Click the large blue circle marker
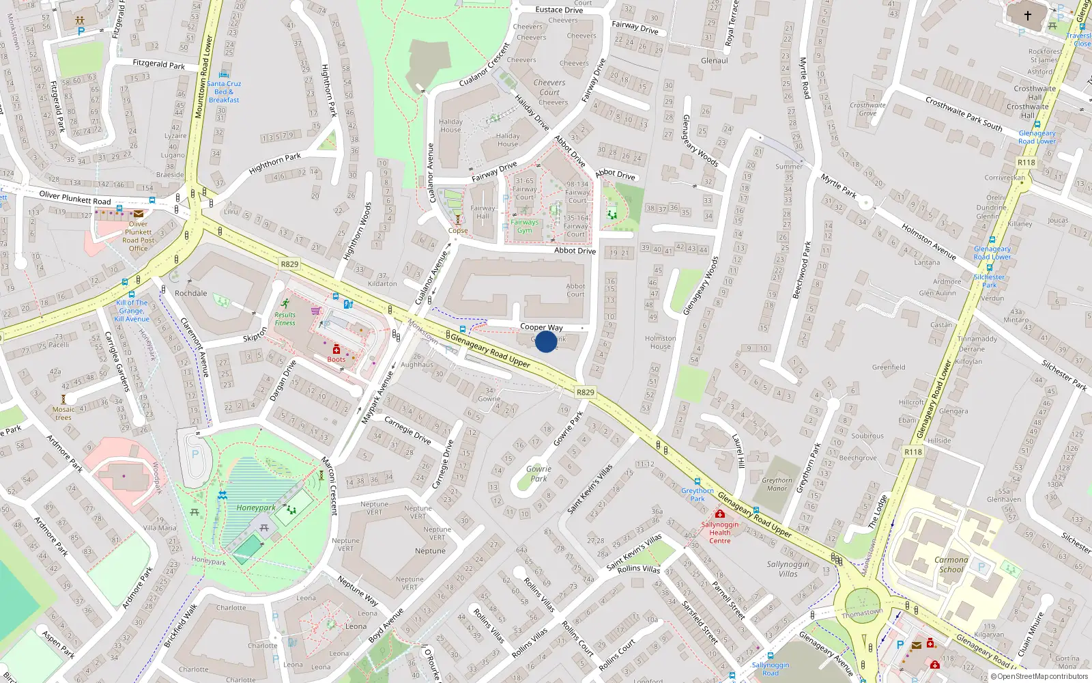[546, 341]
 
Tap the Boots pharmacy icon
[336, 350]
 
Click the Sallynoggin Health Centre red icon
[719, 514]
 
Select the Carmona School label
[951, 564]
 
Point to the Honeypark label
[256, 507]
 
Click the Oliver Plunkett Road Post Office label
[139, 236]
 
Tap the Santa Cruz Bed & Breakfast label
[224, 92]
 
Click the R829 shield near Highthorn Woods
[289, 264]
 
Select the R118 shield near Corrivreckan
[1026, 163]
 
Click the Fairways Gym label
[524, 226]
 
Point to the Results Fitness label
[285, 319]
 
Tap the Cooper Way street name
[541, 327]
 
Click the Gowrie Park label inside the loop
[538, 473]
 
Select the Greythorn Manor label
[777, 484]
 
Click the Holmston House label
[660, 342]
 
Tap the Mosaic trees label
[63, 413]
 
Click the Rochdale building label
[190, 293]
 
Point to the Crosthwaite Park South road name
[964, 113]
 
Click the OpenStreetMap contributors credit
[1039, 676]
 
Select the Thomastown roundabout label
[862, 613]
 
